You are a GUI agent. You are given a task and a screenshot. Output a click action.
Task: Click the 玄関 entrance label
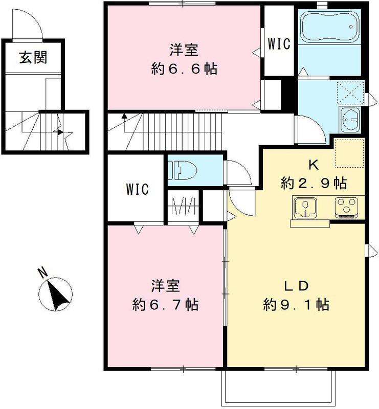coord(33,57)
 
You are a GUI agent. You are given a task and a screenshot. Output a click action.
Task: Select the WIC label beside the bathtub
coord(279,44)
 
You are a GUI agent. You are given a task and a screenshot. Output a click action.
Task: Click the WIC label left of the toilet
coord(137,190)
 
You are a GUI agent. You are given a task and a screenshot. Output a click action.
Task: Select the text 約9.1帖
coord(296,305)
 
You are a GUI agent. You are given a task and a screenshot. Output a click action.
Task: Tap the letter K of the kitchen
coord(314,165)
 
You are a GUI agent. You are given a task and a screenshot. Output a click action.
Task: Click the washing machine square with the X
coord(350,93)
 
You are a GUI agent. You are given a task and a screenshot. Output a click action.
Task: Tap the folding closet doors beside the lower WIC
coord(184,206)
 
